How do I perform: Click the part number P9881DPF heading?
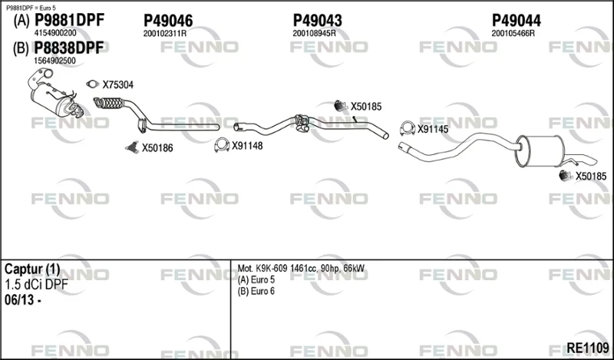(x=69, y=20)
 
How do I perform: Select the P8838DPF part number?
(x=69, y=48)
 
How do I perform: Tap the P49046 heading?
(x=168, y=21)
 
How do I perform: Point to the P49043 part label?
(x=318, y=21)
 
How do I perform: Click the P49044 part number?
(x=516, y=21)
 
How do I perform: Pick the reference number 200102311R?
(x=164, y=34)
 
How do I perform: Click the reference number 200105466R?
(x=513, y=34)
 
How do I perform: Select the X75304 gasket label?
(x=118, y=84)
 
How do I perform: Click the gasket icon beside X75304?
(x=92, y=84)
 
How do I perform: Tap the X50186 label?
(x=157, y=148)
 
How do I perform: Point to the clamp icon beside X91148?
(x=222, y=145)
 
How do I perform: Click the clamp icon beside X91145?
(x=408, y=128)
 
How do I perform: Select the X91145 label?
(x=433, y=129)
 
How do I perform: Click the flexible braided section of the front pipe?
(x=109, y=103)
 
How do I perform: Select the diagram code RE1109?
(x=588, y=347)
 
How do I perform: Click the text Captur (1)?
(x=32, y=269)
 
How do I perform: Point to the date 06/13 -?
(x=23, y=300)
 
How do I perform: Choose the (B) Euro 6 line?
(x=256, y=292)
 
